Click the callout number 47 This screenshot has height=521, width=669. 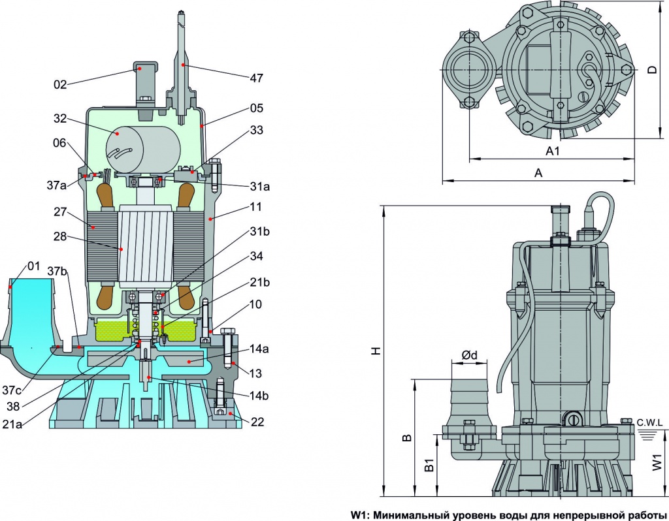pyautogui.click(x=256, y=78)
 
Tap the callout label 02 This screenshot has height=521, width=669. pyautogui.click(x=60, y=85)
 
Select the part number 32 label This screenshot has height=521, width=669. pyautogui.click(x=60, y=119)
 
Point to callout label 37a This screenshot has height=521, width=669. pyautogui.click(x=57, y=185)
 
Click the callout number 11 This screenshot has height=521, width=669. pyautogui.click(x=256, y=207)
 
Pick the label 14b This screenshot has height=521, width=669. pyautogui.click(x=259, y=396)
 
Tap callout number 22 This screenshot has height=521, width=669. pyautogui.click(x=257, y=422)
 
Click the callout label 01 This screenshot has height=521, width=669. pyautogui.click(x=33, y=266)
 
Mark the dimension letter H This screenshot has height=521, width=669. pyautogui.click(x=376, y=351)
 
